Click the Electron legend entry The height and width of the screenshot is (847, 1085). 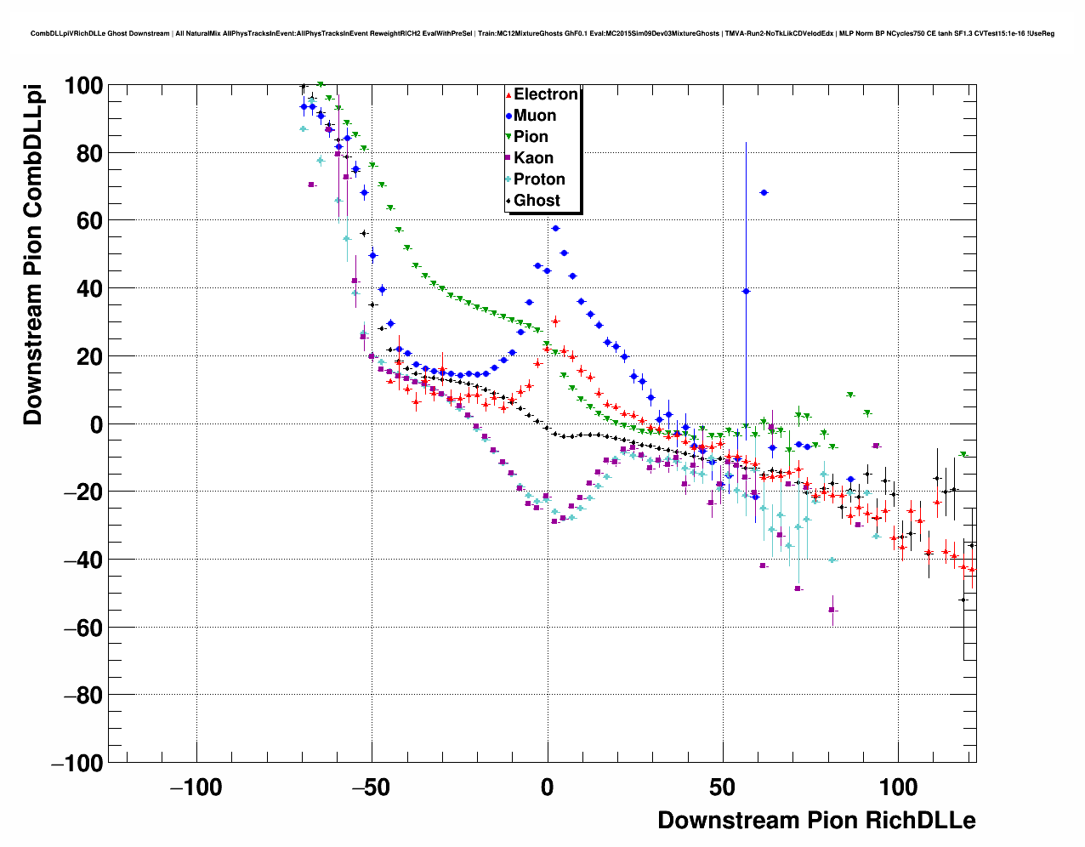click(545, 94)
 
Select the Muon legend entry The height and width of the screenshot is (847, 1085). click(534, 116)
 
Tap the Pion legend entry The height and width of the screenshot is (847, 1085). click(531, 137)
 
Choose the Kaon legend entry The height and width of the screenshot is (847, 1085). click(533, 158)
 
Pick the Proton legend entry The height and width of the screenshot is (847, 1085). click(539, 179)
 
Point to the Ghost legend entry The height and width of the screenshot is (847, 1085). click(537, 201)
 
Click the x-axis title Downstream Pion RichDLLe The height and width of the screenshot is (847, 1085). click(816, 820)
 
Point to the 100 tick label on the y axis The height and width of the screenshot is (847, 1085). click(83, 86)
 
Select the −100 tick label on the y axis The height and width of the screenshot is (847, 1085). click(77, 763)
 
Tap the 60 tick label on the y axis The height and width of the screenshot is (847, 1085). click(89, 221)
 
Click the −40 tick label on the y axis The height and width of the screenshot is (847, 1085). click(83, 560)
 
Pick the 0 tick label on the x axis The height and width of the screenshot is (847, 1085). click(548, 787)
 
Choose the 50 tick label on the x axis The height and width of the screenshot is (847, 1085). click(723, 787)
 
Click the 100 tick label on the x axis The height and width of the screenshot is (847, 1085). click(898, 787)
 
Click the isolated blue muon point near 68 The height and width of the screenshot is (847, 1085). click(764, 193)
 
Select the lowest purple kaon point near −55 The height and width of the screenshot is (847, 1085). click(833, 610)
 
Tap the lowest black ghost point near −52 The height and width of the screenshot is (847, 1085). click(963, 600)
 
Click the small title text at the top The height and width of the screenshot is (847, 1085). click(542, 34)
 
